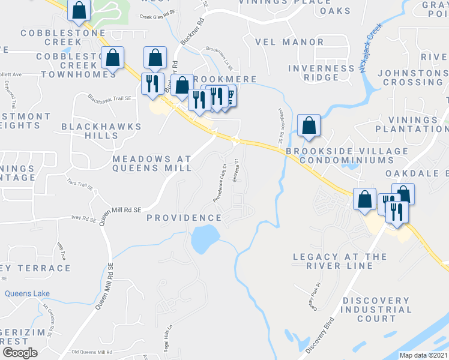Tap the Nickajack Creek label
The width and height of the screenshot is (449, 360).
coord(370,48)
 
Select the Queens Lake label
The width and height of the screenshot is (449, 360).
coord(28,293)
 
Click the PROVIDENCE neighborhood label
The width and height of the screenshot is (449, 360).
coord(185,217)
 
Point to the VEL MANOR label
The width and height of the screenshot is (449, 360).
coord(289,43)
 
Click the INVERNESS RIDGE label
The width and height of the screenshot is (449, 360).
coord(321,73)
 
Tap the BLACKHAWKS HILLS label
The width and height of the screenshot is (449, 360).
coord(101,131)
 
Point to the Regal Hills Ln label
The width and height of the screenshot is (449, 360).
coord(168,340)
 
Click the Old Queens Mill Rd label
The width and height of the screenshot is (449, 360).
coord(91,352)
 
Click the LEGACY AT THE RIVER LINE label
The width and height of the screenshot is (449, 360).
coord(339,261)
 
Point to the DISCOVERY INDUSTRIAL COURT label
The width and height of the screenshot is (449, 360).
coord(377,310)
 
